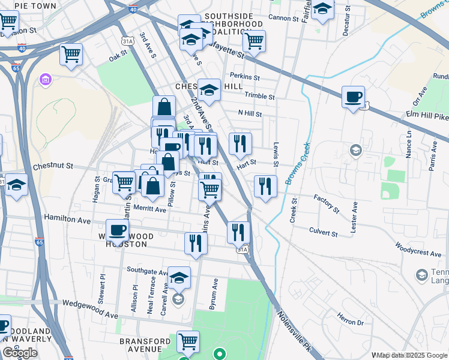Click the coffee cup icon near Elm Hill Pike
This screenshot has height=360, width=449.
(x=353, y=97)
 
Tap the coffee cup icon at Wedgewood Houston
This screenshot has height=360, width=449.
(x=118, y=229)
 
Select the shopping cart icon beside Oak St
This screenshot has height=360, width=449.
(x=71, y=55)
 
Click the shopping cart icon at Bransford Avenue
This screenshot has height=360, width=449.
(x=188, y=341)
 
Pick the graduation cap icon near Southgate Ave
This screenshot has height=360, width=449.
(x=178, y=277)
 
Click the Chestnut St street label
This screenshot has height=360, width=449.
(x=53, y=166)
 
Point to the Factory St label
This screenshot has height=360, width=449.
(x=327, y=203)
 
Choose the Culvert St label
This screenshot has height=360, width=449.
(x=324, y=230)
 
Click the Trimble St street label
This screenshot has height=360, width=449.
(x=259, y=96)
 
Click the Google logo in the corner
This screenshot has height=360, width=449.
(x=20, y=353)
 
